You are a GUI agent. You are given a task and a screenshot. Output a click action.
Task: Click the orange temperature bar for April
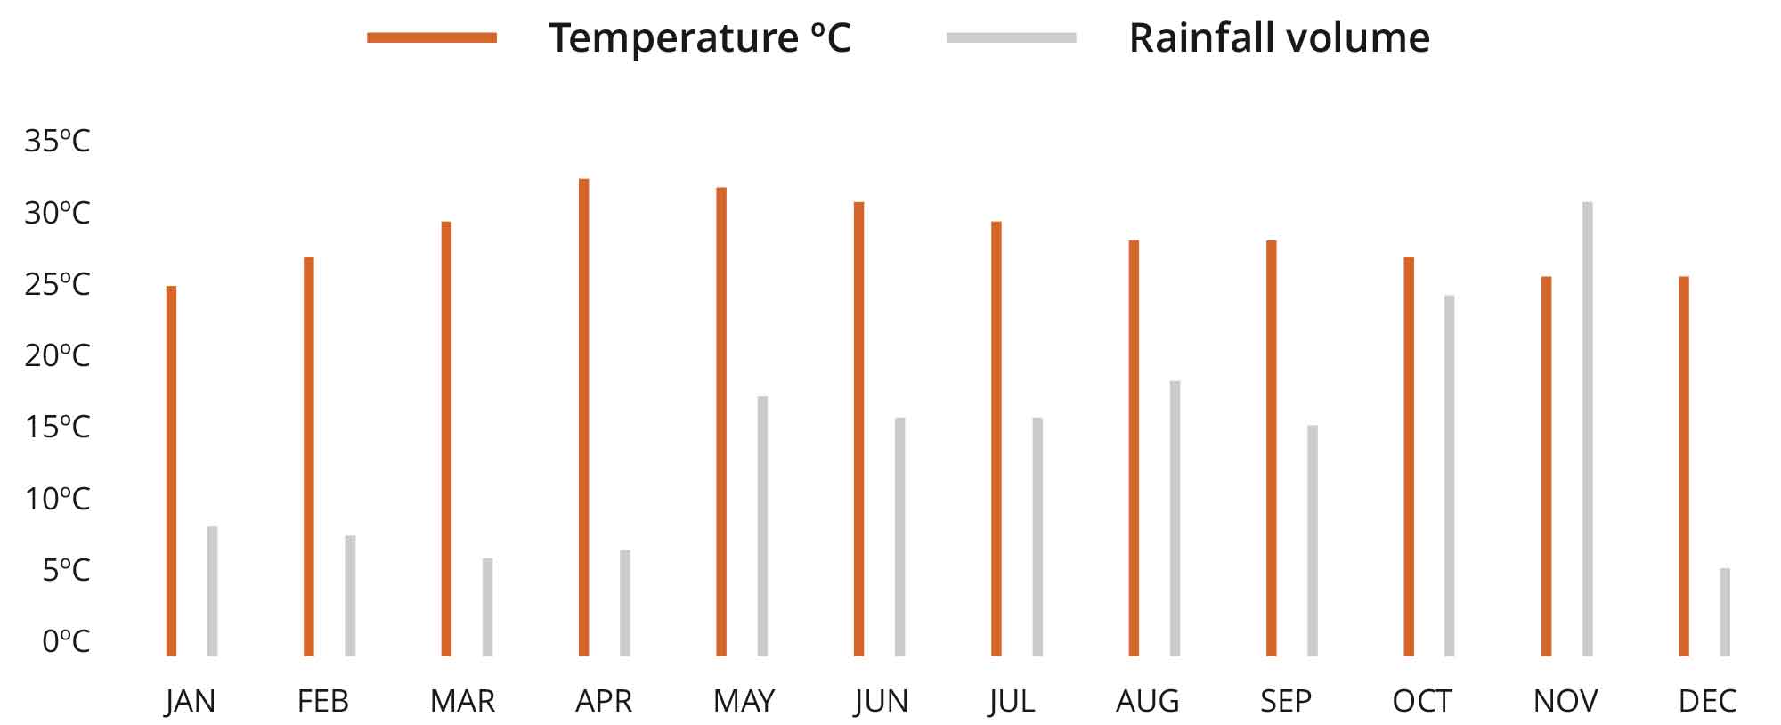(583, 419)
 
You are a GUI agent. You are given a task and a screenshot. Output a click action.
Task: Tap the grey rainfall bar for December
(1725, 613)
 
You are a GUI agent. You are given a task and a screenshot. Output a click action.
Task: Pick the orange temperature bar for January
(171, 472)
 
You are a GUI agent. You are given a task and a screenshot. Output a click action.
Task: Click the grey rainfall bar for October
(1450, 477)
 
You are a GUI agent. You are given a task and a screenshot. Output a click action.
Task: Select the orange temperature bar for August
(1134, 449)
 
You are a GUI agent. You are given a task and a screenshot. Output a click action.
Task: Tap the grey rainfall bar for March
(487, 607)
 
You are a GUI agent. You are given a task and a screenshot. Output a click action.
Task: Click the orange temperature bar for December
(1684, 467)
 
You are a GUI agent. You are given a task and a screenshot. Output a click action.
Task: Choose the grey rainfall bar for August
(1175, 519)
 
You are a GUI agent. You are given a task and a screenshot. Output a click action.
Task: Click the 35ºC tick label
(57, 141)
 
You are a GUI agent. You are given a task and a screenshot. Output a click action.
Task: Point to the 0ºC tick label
(66, 641)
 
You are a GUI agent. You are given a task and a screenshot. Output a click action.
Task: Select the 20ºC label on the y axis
(57, 355)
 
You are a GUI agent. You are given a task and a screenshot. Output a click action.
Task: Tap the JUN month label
(881, 702)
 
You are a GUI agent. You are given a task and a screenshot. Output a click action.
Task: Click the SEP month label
(1285, 702)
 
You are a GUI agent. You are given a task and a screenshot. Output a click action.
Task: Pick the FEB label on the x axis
(322, 702)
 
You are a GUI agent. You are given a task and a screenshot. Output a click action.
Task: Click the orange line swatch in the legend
(432, 37)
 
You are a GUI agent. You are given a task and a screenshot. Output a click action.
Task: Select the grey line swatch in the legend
(1011, 37)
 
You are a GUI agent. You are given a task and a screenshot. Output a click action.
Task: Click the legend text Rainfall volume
(1279, 37)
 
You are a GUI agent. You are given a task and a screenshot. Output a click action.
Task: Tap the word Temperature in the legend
(672, 37)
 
